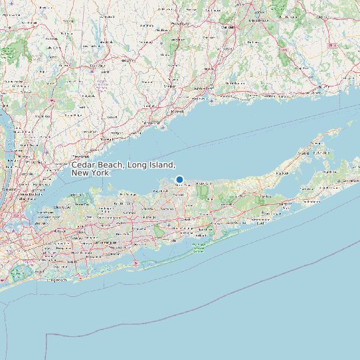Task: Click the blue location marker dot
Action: pos(179,179)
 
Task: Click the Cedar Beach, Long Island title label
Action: pos(123,168)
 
